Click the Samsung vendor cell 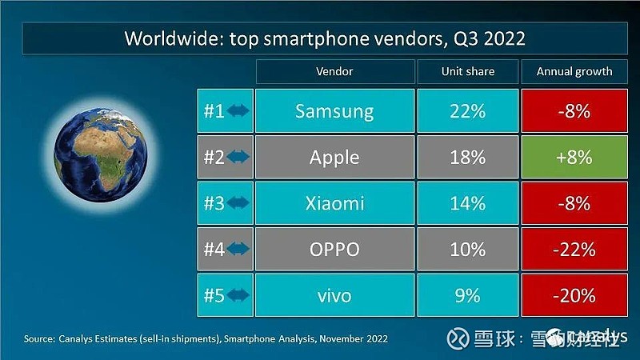[x=334, y=110]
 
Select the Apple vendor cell [x=334, y=157]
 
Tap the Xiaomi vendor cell [x=334, y=203]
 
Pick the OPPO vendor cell [x=334, y=250]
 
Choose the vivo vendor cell [x=334, y=295]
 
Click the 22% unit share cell [x=467, y=110]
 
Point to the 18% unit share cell [x=467, y=157]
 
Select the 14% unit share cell [x=467, y=203]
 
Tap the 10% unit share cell [x=467, y=250]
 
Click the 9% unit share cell [x=467, y=295]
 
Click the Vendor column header [x=334, y=71]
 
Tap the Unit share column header [x=467, y=71]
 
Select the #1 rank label [x=213, y=111]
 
